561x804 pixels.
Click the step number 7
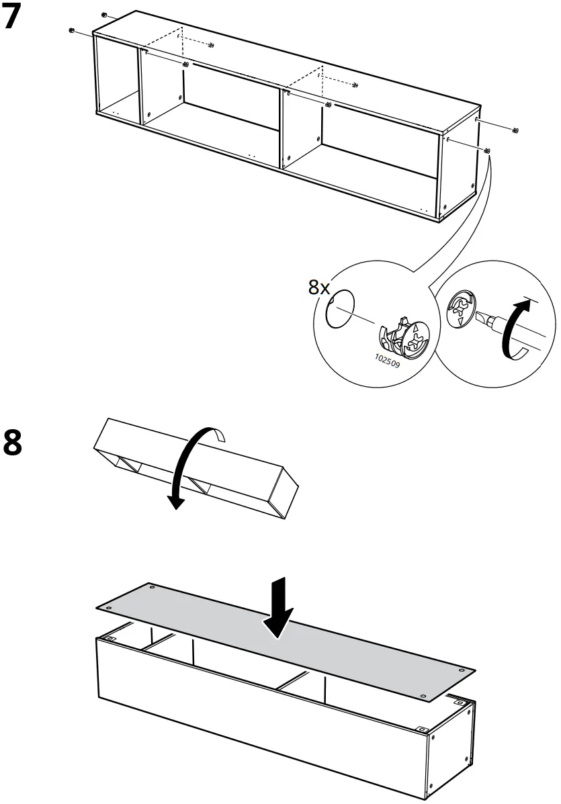pos(17,18)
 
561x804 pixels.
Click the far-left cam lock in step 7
pos(72,30)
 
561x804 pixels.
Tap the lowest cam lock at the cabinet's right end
pos(487,150)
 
